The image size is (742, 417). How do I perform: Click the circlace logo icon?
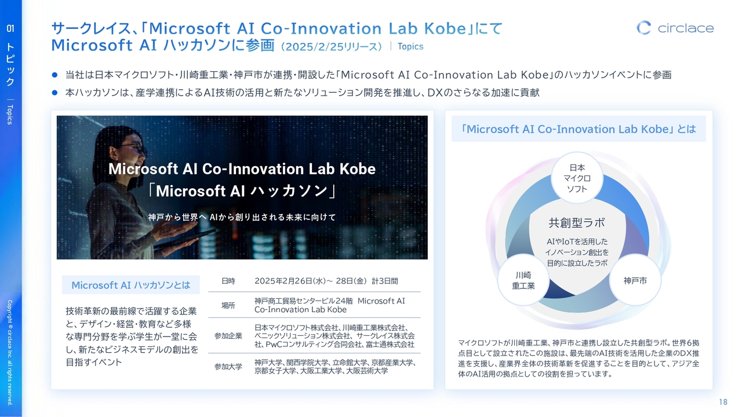[643, 28]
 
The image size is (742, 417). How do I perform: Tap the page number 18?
[723, 402]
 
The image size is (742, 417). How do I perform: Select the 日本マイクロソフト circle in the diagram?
[577, 178]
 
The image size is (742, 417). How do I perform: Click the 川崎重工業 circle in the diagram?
[523, 280]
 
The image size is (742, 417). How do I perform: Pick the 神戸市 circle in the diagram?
[635, 280]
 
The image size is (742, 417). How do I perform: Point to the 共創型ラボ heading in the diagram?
[577, 223]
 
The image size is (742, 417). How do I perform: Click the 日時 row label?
[228, 281]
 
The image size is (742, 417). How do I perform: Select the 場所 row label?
[228, 305]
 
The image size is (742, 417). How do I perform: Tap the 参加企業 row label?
[228, 336]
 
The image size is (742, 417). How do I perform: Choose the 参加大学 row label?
[228, 367]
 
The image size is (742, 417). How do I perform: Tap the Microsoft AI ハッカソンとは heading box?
[131, 284]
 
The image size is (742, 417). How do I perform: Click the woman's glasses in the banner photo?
[136, 148]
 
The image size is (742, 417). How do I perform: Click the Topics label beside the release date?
[410, 46]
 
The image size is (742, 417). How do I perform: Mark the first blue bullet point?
[54, 75]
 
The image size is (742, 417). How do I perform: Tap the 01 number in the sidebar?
[10, 28]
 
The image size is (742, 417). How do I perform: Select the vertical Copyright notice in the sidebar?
[10, 353]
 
